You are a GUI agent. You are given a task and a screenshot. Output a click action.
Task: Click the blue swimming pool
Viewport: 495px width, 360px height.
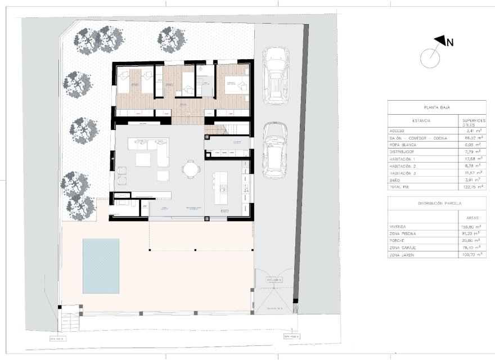(x=101, y=266)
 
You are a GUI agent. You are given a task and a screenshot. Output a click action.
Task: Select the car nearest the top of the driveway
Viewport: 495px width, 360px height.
(x=276, y=75)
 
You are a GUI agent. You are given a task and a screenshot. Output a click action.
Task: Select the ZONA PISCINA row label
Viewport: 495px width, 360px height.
(x=404, y=233)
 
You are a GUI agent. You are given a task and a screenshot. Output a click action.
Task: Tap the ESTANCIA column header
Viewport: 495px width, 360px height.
(x=421, y=120)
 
